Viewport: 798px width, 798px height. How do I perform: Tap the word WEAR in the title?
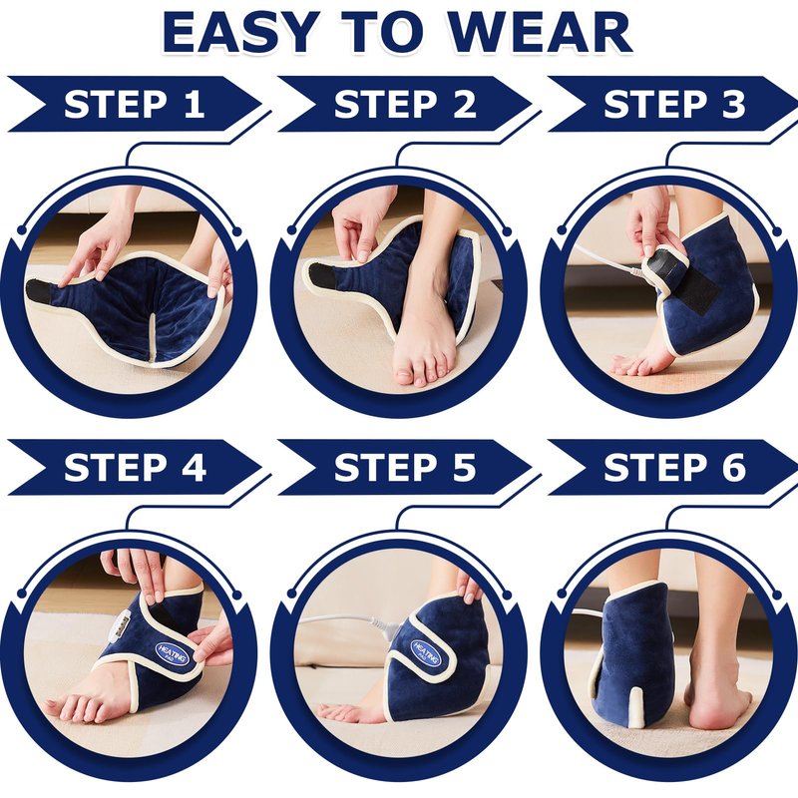click(541, 33)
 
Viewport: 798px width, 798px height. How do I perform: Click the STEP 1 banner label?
click(135, 105)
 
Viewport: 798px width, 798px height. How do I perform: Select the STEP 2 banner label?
click(405, 105)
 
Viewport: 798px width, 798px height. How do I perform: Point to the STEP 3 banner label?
click(674, 105)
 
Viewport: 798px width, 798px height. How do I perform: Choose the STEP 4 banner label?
click(135, 467)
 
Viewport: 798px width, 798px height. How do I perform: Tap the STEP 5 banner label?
click(405, 467)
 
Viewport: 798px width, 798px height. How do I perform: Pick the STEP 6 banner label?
click(674, 467)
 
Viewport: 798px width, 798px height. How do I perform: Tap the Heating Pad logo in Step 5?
click(426, 652)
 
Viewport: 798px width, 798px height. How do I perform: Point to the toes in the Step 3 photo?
click(632, 364)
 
